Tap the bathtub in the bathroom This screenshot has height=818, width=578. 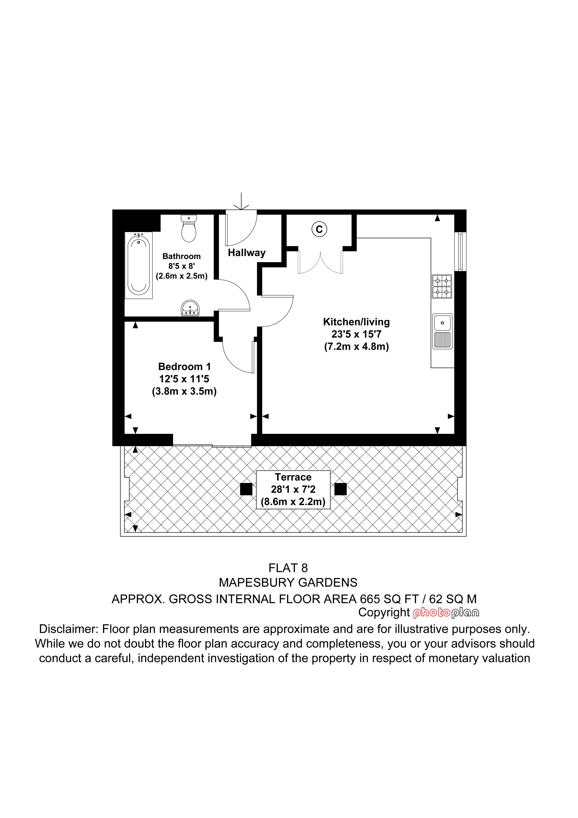point(139,265)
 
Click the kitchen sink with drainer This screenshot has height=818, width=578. point(442,331)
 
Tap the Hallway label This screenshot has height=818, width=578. point(247,253)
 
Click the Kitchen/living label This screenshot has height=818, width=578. point(357,322)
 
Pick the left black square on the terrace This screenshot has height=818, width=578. point(246,489)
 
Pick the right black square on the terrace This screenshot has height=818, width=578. point(340,489)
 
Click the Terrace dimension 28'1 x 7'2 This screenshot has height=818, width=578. point(293,489)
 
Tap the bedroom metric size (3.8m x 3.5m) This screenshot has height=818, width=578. point(185,392)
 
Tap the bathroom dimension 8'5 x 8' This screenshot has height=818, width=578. point(182,266)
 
